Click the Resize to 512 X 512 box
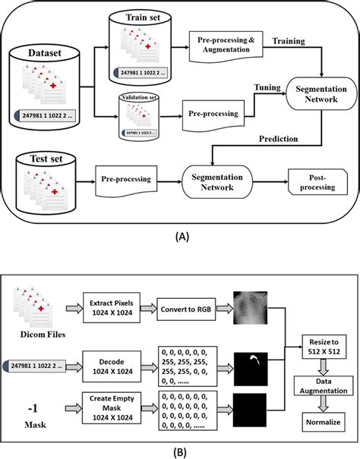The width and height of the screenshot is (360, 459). tap(322, 348)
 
